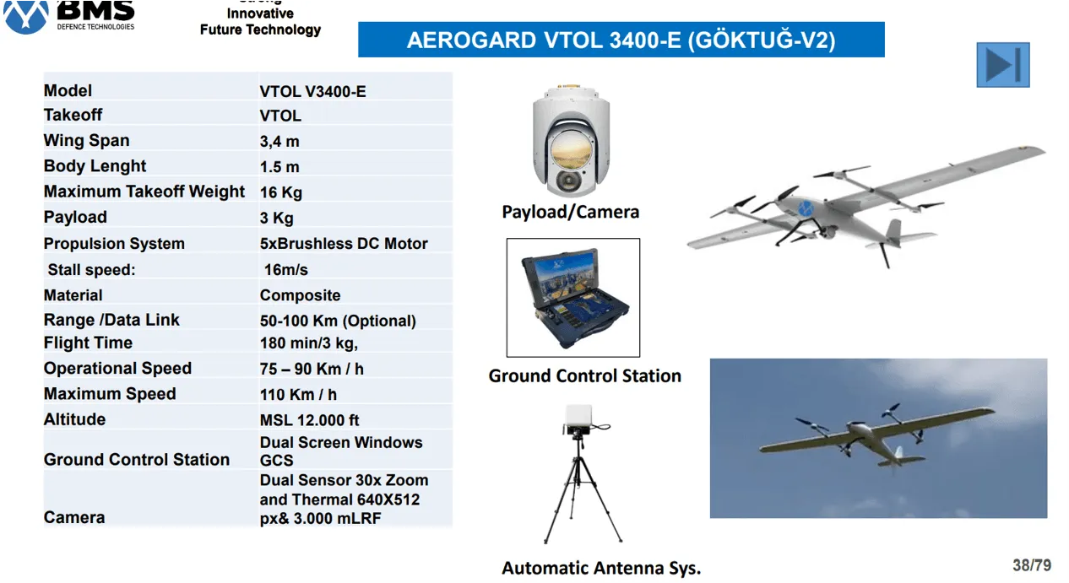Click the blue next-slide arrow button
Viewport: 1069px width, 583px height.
coord(1002,65)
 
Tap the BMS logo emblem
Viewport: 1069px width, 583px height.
coord(26,17)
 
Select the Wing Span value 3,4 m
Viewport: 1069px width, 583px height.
coord(279,142)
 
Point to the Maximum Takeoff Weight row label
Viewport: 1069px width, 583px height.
coord(144,192)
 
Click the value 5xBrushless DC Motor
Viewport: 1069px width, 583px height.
coord(344,244)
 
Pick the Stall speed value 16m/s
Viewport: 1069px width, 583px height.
coord(286,270)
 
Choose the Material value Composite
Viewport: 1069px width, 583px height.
coord(300,295)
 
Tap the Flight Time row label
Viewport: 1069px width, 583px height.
coord(88,343)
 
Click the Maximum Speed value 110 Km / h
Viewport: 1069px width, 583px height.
coord(298,395)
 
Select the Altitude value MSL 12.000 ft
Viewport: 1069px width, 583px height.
coord(309,420)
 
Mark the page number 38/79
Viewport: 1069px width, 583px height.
coord(1032,565)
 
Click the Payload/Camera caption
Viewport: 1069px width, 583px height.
coord(570,212)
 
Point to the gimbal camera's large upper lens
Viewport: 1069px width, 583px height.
coord(572,150)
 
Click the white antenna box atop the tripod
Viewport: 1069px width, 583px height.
coord(579,418)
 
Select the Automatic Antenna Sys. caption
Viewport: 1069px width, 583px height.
coord(601,568)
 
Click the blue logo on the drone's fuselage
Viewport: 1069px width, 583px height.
coord(806,208)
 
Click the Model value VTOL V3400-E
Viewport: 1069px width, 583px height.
coord(312,91)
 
